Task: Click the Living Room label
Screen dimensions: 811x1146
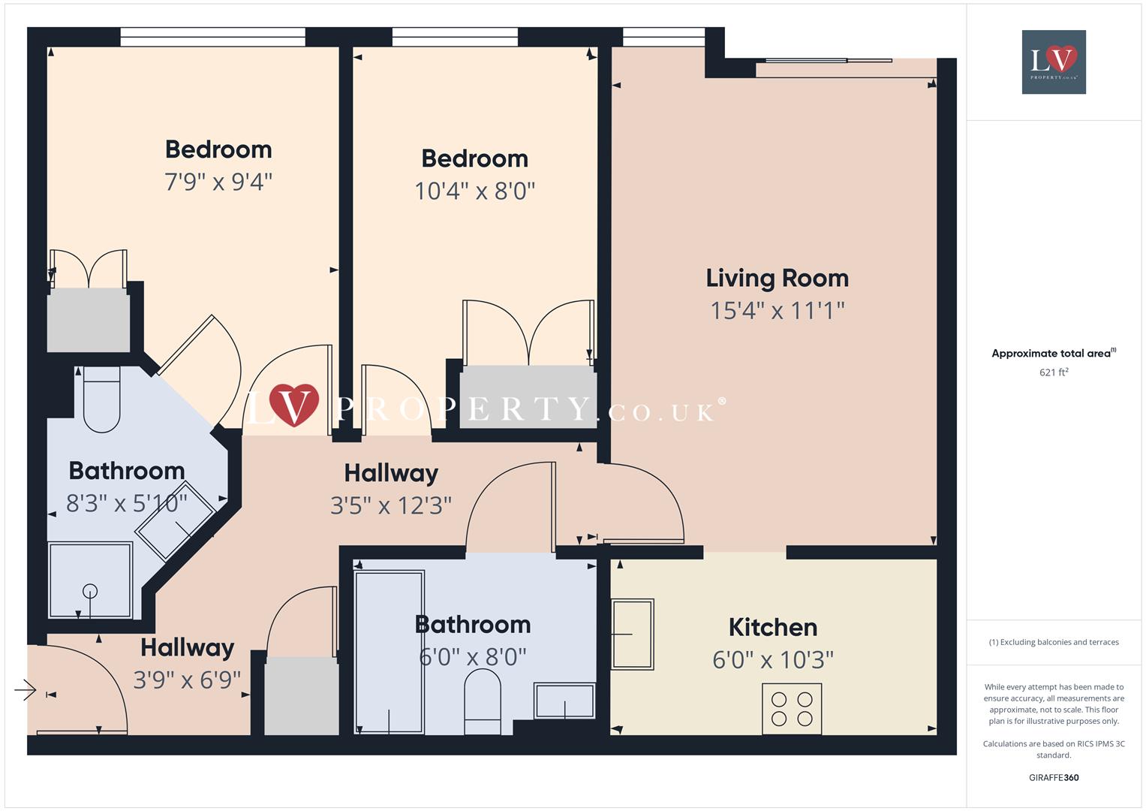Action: pyautogui.click(x=777, y=278)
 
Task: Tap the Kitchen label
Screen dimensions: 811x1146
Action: pyautogui.click(x=772, y=627)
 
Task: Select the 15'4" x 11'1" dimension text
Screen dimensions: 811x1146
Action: pyautogui.click(x=777, y=310)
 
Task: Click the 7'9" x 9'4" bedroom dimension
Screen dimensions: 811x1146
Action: pyautogui.click(x=218, y=182)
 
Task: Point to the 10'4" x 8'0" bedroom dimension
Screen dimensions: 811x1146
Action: pyautogui.click(x=474, y=191)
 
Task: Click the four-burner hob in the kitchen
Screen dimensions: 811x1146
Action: pyautogui.click(x=792, y=708)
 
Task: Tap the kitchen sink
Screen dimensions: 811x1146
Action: pyautogui.click(x=632, y=634)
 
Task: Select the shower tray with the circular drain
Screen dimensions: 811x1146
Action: pyautogui.click(x=90, y=580)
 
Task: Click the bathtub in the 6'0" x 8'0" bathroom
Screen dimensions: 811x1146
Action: pyautogui.click(x=389, y=652)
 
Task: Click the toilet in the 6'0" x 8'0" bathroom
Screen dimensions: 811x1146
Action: pyautogui.click(x=482, y=702)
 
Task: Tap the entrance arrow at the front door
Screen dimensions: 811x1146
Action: pyautogui.click(x=26, y=689)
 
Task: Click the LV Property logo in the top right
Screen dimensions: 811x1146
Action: pyautogui.click(x=1054, y=62)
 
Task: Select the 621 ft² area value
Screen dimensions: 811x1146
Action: pyautogui.click(x=1054, y=372)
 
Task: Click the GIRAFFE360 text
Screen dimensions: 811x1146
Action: pyautogui.click(x=1054, y=778)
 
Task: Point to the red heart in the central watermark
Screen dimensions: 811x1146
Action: pyautogui.click(x=293, y=403)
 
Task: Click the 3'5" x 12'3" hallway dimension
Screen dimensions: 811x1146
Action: pyautogui.click(x=390, y=505)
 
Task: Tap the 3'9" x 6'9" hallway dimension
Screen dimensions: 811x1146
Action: pyautogui.click(x=187, y=680)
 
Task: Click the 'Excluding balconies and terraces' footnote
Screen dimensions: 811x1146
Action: pyautogui.click(x=1054, y=642)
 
